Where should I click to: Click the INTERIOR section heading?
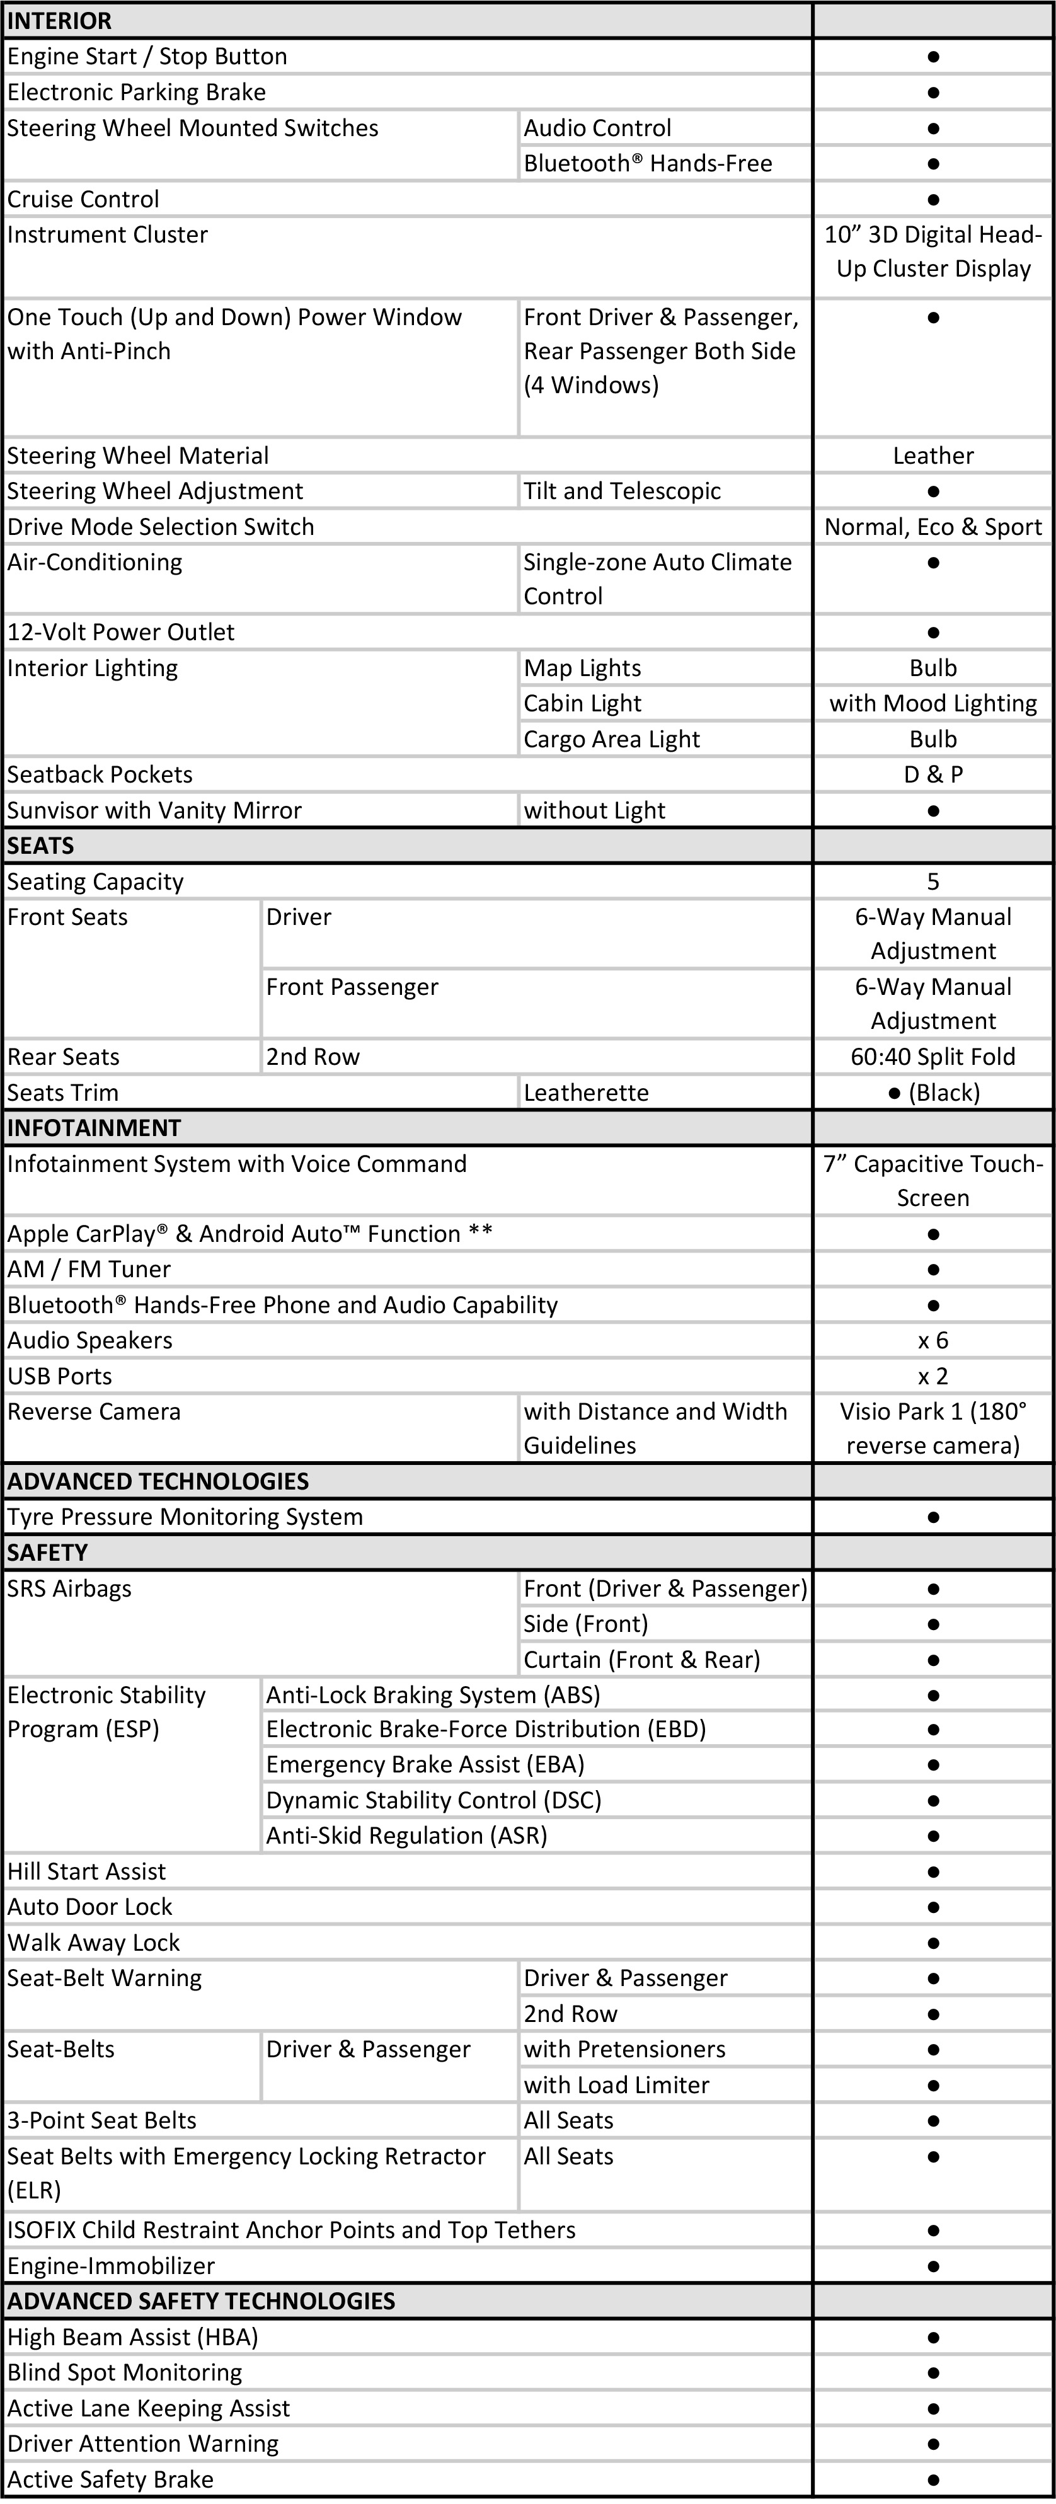click(59, 20)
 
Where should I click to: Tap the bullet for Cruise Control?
click(933, 199)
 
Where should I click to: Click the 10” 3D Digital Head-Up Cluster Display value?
click(933, 252)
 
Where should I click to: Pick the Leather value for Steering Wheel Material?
click(933, 456)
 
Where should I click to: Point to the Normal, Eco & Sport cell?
click(933, 527)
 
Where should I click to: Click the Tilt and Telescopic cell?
click(623, 491)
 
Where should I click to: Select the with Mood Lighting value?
click(933, 704)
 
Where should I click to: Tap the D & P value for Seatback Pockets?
click(933, 775)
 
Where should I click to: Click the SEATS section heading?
click(41, 846)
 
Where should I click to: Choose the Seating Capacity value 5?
click(933, 882)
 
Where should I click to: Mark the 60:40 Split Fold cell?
click(933, 1057)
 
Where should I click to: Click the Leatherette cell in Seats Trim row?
click(587, 1093)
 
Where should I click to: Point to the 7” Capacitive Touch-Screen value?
click(933, 1181)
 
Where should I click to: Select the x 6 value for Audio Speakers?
click(933, 1340)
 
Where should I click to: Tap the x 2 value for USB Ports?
click(933, 1376)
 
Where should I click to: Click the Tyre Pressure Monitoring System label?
click(185, 1517)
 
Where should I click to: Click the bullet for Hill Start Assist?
click(933, 1871)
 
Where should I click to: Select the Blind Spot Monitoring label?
click(125, 2373)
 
